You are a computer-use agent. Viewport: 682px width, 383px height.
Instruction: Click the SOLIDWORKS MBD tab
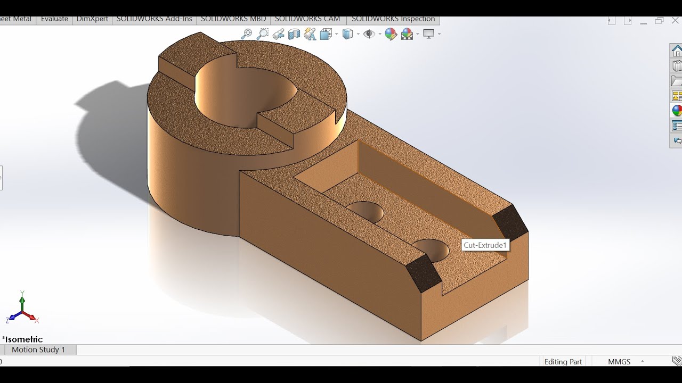pos(233,19)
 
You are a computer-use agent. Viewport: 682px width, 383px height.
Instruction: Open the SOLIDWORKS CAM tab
pos(307,19)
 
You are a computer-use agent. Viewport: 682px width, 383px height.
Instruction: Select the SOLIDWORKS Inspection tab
pos(393,19)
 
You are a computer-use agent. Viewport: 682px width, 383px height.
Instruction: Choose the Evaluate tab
pos(54,19)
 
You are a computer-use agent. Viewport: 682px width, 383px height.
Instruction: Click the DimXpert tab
pos(92,19)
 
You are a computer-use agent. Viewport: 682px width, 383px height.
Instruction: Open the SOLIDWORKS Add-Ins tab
pos(154,19)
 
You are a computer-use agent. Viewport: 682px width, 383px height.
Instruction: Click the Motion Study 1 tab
pos(38,349)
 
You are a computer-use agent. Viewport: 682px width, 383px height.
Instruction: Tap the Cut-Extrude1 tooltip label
pos(485,245)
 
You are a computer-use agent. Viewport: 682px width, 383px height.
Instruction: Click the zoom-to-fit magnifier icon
pos(246,34)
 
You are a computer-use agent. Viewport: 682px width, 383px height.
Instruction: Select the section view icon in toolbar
pos(294,34)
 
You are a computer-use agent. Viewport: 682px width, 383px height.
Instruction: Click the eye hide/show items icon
pos(369,34)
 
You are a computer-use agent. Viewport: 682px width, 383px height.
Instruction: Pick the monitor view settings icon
pos(429,34)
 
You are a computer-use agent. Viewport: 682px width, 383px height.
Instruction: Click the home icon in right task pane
pos(677,51)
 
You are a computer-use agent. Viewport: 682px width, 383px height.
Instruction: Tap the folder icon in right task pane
pos(677,81)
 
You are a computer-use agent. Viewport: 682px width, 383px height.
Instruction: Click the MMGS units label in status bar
pos(619,362)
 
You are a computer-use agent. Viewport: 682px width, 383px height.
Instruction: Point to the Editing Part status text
pos(563,362)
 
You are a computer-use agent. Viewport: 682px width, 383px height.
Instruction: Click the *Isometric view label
pos(22,339)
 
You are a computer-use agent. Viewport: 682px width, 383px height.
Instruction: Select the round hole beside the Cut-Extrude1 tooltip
pos(432,249)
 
